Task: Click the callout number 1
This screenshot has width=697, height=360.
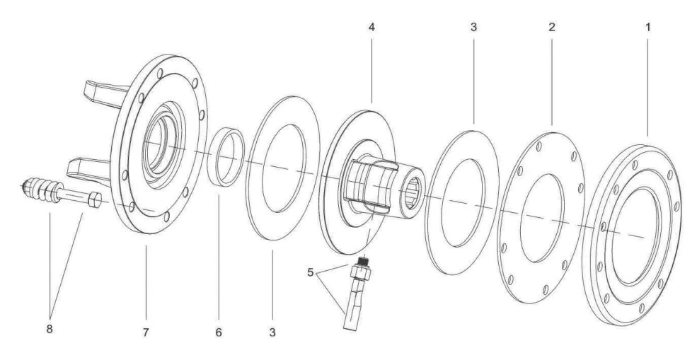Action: tap(647, 28)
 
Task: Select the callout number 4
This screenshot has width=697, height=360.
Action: tap(371, 28)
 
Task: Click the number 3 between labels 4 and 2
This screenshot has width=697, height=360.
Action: tap(473, 28)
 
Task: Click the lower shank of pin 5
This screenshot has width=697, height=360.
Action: tap(352, 311)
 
